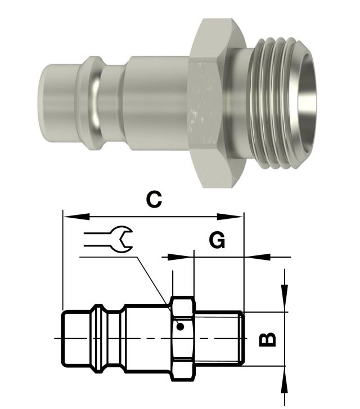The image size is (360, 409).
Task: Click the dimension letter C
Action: click(154, 200)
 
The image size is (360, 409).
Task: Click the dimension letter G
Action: click(217, 240)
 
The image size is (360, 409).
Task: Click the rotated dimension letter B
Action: click(267, 339)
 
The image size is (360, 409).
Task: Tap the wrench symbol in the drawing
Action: click(108, 239)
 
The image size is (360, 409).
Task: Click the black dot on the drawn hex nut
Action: click(180, 326)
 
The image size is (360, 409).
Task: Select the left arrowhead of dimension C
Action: click(76, 217)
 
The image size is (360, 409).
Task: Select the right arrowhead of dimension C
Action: click(230, 217)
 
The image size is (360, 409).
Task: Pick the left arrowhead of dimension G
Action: click(178, 257)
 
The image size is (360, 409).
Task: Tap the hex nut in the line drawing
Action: click(183, 339)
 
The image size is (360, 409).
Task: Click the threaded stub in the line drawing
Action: click(219, 339)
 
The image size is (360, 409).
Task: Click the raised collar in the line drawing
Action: click(99, 339)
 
